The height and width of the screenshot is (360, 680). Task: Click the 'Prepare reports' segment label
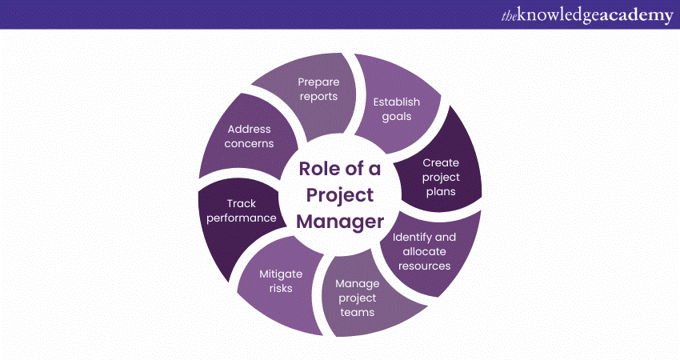click(318, 90)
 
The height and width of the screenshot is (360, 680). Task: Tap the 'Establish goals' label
click(396, 110)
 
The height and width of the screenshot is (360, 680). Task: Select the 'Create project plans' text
click(441, 177)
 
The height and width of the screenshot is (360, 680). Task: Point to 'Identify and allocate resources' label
click(424, 251)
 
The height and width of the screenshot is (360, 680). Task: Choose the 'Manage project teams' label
click(358, 298)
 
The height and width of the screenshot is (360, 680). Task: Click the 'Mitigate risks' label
click(281, 281)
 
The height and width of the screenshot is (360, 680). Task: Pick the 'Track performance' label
click(241, 210)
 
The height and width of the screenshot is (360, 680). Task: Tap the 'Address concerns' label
click(249, 136)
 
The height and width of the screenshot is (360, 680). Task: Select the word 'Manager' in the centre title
click(340, 222)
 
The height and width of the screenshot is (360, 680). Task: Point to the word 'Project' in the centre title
click(340, 196)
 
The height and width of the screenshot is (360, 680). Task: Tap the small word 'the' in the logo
click(509, 17)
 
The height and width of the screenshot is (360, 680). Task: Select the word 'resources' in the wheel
click(425, 266)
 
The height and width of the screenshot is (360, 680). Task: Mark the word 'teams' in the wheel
click(358, 312)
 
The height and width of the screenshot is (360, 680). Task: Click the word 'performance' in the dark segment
click(241, 218)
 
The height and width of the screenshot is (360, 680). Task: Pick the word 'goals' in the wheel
click(396, 117)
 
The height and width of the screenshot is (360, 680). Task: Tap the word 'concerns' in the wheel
click(249, 143)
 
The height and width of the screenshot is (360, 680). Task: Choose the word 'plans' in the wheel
click(441, 192)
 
